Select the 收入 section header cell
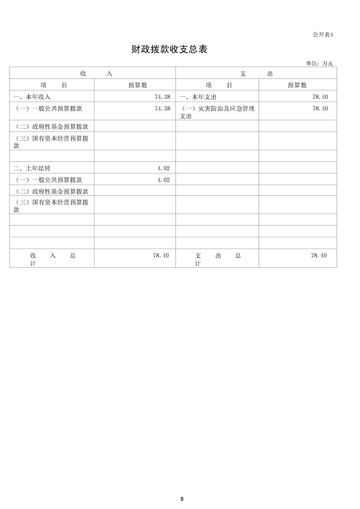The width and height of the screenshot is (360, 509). [96, 73]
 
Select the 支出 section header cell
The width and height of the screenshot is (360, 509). [256, 73]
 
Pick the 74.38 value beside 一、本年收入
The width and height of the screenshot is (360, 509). [162, 97]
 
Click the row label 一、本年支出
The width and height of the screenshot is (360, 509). [198, 97]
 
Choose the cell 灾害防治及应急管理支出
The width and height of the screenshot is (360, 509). [217, 112]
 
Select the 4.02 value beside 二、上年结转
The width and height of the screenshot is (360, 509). [163, 168]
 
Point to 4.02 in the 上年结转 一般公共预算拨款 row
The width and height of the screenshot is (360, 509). [163, 180]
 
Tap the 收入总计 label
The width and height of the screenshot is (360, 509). [52, 259]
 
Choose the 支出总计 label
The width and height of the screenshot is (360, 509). [217, 259]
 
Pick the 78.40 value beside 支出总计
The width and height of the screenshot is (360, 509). [318, 256]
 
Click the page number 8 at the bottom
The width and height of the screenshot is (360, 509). [182, 499]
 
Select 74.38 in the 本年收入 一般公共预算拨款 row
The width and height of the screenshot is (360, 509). [162, 108]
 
